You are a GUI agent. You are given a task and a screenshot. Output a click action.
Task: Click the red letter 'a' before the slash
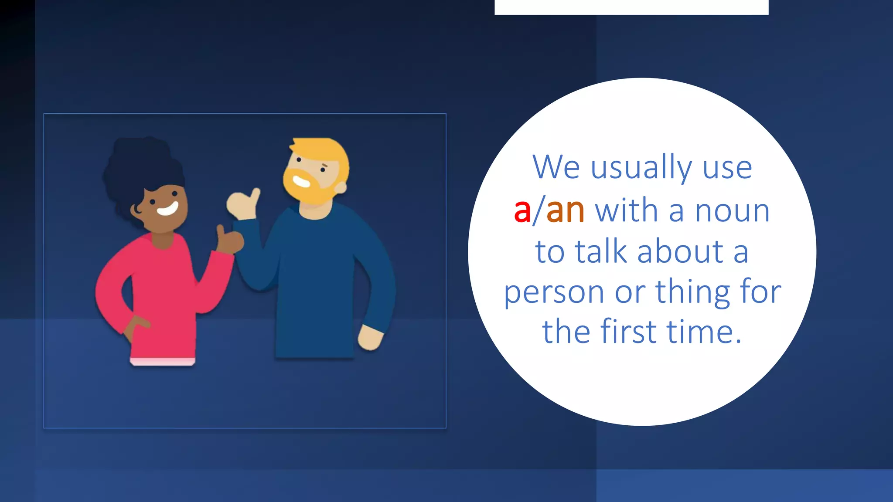tap(522, 211)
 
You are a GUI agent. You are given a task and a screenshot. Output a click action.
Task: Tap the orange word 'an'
tap(565, 211)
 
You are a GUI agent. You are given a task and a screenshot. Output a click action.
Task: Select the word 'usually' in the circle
tap(641, 168)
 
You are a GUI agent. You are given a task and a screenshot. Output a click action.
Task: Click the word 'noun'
tap(732, 211)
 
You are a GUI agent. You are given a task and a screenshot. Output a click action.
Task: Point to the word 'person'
tap(553, 293)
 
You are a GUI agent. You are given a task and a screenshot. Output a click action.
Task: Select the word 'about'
tap(680, 252)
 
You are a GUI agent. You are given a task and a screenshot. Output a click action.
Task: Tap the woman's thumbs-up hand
tap(229, 240)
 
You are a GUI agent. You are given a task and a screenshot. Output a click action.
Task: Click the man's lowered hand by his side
tap(370, 338)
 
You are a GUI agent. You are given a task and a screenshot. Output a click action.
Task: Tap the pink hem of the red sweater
tap(162, 361)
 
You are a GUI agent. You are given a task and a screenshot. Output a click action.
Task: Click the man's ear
tap(341, 187)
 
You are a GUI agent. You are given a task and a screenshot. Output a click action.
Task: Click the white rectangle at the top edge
tap(631, 7)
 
